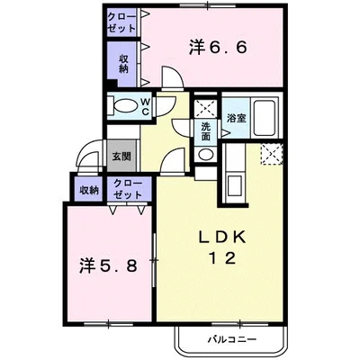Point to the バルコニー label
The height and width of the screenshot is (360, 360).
(231, 340)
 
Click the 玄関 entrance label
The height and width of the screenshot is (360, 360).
(121, 156)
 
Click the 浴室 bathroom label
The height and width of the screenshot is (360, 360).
(237, 117)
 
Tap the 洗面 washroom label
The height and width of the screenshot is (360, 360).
(206, 131)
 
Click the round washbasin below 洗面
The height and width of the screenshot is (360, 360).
(206, 154)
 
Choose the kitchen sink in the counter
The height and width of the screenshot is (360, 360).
(238, 185)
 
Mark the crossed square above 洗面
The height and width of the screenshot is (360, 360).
(206, 107)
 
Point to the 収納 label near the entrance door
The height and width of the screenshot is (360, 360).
(87, 189)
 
